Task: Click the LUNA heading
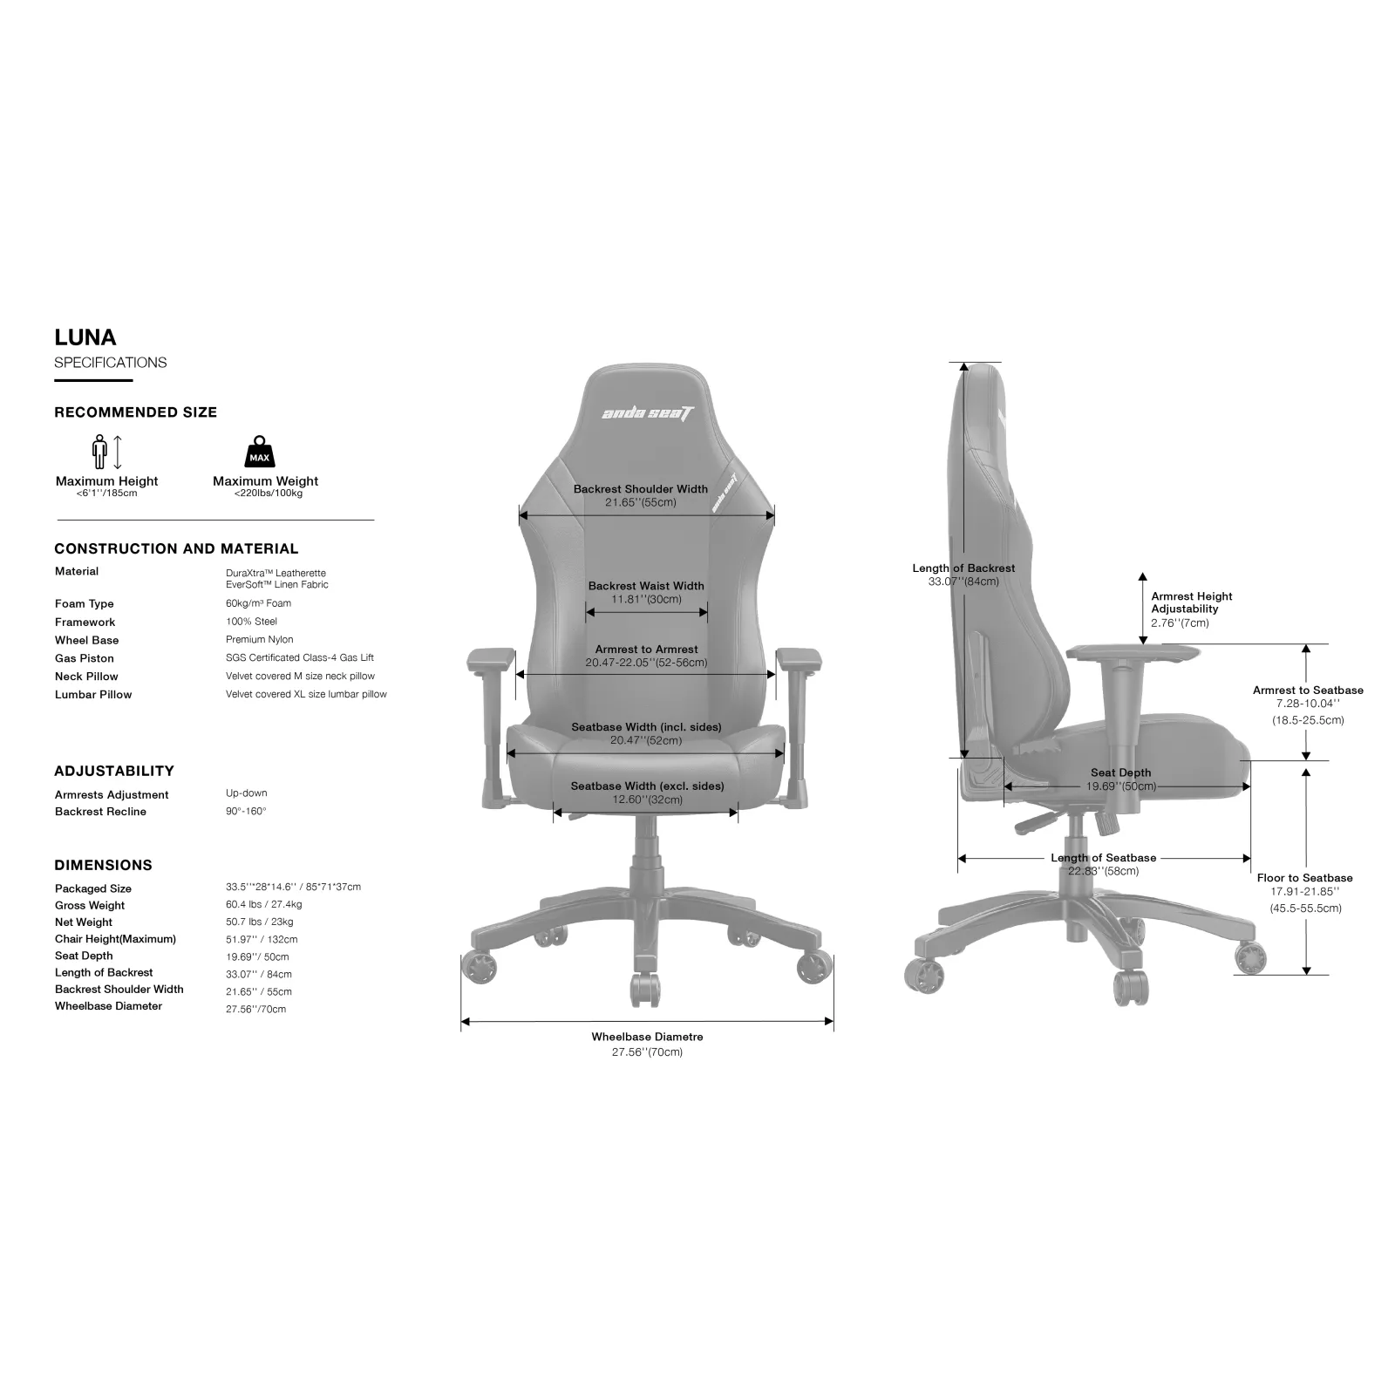coord(85,337)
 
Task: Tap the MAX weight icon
coord(260,452)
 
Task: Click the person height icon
coord(99,452)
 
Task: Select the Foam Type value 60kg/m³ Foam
coord(258,603)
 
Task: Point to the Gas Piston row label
coord(85,658)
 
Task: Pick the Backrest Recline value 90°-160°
coord(246,811)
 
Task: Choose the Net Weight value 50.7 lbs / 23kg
coord(260,922)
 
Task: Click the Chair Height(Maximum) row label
coord(115,939)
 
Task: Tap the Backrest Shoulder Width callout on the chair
coord(641,489)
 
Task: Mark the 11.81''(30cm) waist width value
coord(646,599)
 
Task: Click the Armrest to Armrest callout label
coord(647,650)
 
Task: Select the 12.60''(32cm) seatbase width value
coord(647,800)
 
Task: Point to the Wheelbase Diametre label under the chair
coord(647,1037)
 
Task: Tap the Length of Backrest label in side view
coord(963,568)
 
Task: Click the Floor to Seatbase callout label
coord(1305,878)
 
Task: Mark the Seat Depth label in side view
coord(1121,772)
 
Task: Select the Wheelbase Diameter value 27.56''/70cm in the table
coord(256,1009)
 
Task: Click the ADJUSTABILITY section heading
coord(114,771)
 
